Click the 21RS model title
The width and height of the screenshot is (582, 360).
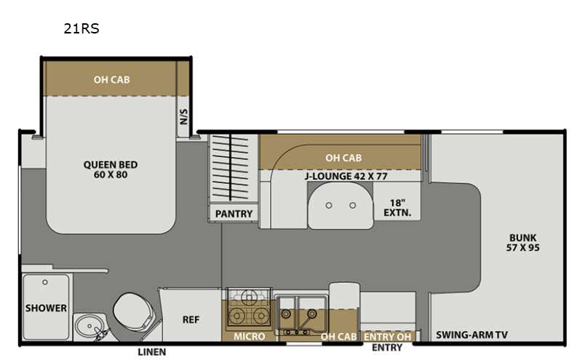(81, 28)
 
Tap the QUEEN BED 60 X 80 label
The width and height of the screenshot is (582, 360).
(111, 169)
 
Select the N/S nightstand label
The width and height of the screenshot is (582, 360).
(184, 116)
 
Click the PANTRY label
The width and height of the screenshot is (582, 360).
(234, 214)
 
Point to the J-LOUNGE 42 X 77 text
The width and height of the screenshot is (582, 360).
(346, 176)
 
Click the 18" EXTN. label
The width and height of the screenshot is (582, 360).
(397, 208)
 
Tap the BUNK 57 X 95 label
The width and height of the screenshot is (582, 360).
(522, 242)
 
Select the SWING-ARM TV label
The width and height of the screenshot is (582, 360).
(471, 335)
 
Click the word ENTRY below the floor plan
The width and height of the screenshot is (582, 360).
(387, 348)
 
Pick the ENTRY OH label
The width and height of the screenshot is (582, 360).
(388, 337)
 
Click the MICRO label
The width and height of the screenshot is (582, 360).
(249, 336)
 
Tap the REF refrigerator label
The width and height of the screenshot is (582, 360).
(191, 319)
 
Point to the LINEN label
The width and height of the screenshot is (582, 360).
(152, 352)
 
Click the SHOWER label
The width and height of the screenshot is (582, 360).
(46, 308)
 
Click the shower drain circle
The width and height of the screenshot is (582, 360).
(45, 282)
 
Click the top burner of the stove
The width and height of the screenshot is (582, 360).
(249, 297)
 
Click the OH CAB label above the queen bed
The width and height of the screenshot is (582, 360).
(111, 79)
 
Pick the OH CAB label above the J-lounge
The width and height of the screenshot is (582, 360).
(343, 158)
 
